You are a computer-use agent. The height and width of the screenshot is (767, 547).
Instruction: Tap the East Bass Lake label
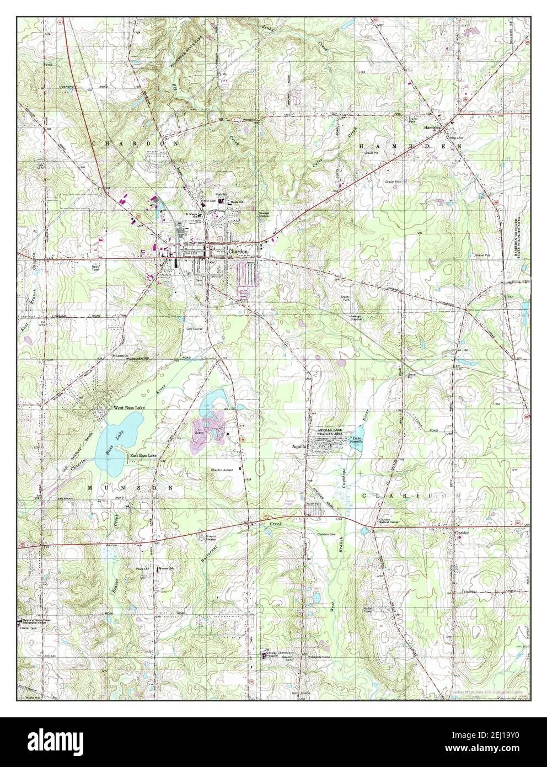(x=143, y=455)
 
